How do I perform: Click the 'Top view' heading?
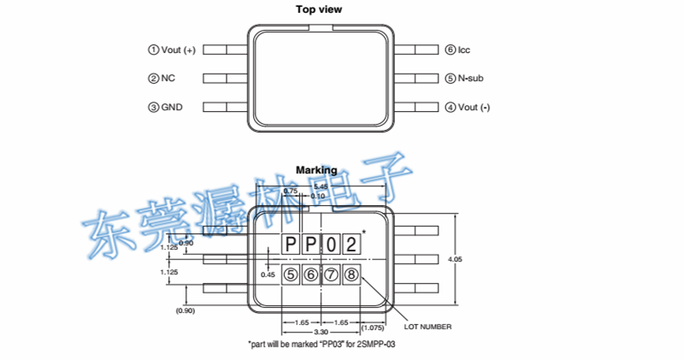click(318, 10)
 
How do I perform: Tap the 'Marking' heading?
click(316, 170)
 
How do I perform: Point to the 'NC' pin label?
click(168, 79)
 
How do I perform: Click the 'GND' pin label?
click(172, 108)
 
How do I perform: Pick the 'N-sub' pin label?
click(471, 79)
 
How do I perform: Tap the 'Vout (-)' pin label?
click(475, 108)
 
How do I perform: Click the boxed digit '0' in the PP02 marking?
click(331, 244)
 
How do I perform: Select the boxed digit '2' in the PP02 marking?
click(351, 244)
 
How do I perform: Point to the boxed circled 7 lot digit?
click(331, 274)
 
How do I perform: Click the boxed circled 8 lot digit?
click(351, 274)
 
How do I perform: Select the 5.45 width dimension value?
click(321, 186)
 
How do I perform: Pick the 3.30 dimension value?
click(321, 331)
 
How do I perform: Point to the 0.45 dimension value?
click(268, 275)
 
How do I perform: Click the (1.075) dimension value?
click(373, 326)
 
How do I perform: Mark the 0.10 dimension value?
click(318, 197)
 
